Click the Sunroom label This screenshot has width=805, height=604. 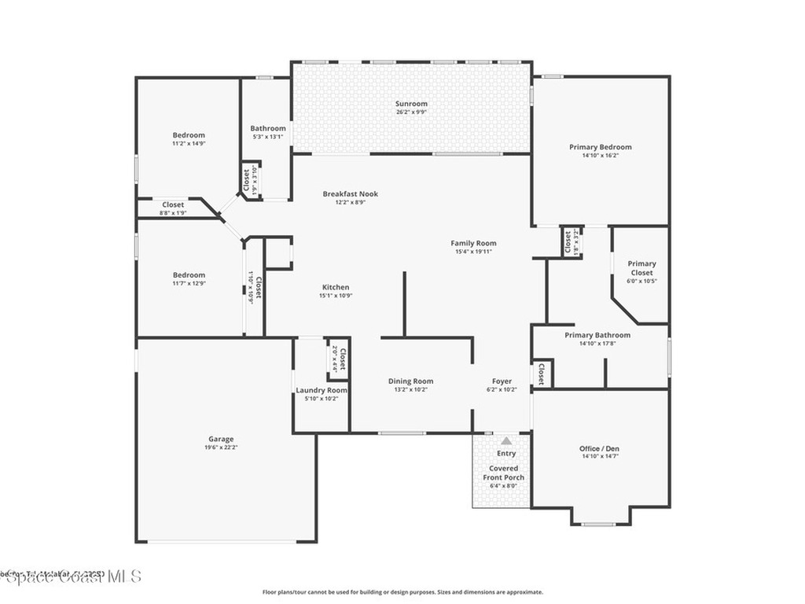411,104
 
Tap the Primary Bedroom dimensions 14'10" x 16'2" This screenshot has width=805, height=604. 600,156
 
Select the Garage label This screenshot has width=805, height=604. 221,439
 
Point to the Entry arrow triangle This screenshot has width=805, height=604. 506,441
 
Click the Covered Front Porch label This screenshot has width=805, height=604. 503,473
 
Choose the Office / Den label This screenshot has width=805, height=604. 599,448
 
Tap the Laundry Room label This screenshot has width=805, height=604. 322,390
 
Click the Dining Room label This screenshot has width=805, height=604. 410,381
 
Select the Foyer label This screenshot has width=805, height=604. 502,381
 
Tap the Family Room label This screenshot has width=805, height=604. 473,243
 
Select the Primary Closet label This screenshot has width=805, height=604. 641,268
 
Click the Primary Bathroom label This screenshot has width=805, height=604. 597,335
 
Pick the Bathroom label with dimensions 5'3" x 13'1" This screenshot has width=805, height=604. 268,128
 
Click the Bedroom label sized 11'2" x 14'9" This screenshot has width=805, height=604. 189,135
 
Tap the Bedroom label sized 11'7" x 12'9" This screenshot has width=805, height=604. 189,275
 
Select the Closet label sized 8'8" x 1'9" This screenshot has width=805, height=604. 173,204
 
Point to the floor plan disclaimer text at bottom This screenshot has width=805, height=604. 402,592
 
